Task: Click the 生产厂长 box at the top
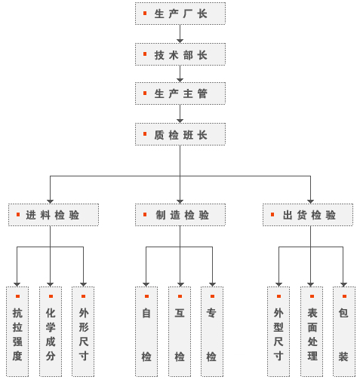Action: (180, 14)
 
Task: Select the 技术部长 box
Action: (180, 54)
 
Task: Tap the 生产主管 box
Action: (180, 93)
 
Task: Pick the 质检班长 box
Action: (180, 134)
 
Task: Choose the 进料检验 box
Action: (54, 215)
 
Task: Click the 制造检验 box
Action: (180, 215)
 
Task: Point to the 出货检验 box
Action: (308, 215)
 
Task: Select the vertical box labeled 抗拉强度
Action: (17, 332)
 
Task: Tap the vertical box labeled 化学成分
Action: (51, 332)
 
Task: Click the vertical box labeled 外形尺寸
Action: (83, 332)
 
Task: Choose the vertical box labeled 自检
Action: (146, 332)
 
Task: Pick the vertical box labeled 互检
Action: (180, 332)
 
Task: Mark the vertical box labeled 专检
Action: (212, 332)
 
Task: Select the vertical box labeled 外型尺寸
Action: (278, 332)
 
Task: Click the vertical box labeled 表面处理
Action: (312, 332)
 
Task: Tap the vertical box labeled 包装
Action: (344, 332)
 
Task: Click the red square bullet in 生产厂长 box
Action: (145, 13)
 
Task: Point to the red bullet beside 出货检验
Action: (272, 214)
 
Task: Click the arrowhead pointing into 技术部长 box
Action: (180, 41)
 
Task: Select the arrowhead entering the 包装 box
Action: (343, 284)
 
